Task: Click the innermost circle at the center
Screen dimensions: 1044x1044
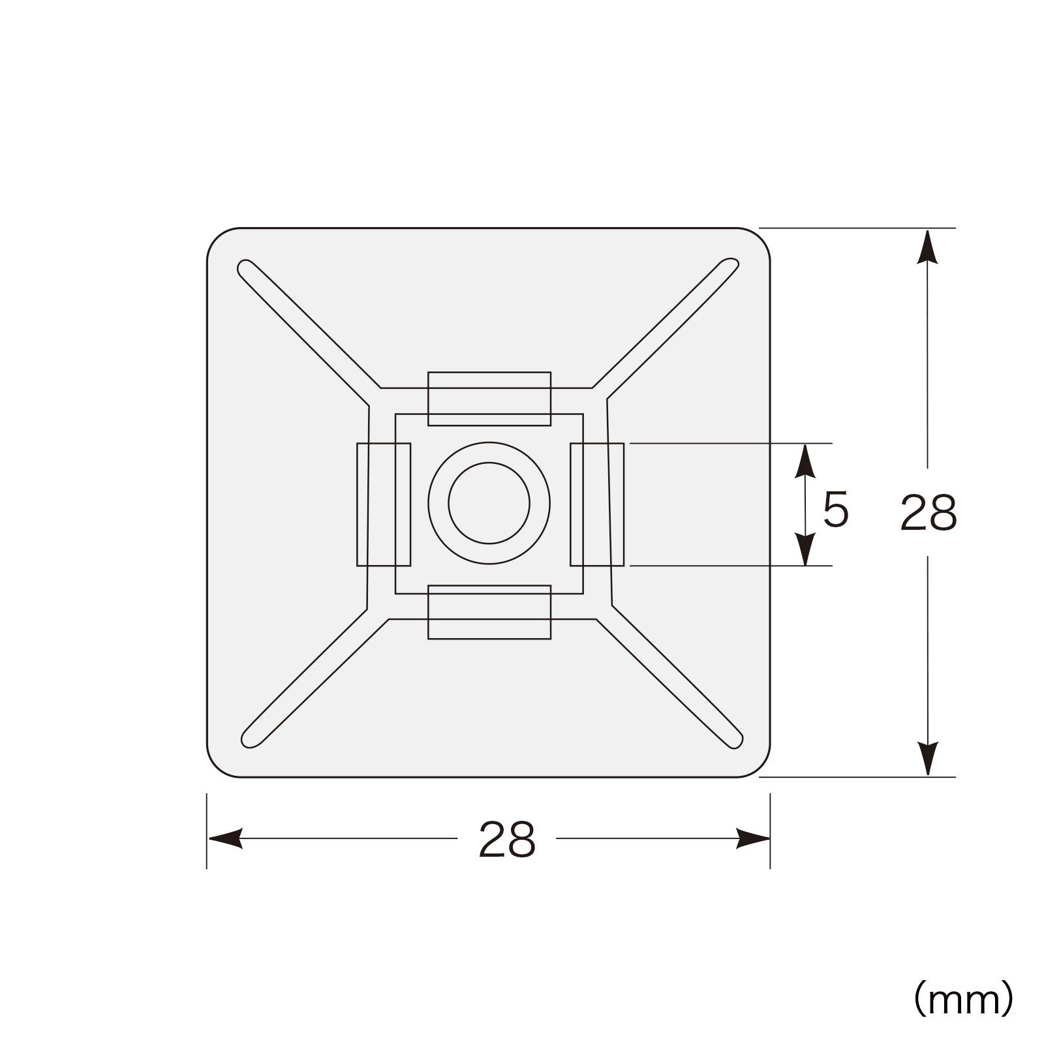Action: [x=449, y=503]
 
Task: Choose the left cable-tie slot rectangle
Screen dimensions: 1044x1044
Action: [x=358, y=504]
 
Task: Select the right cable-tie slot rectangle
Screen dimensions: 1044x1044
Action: [x=624, y=504]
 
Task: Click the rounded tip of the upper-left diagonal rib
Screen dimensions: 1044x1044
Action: [x=243, y=267]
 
